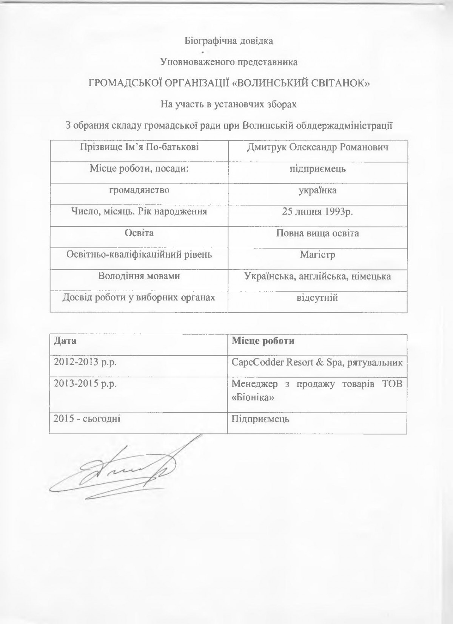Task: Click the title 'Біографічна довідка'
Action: point(228,41)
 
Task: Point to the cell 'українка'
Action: point(317,190)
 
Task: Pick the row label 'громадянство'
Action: point(139,190)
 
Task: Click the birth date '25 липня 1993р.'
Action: point(317,212)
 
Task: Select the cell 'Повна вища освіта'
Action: point(317,233)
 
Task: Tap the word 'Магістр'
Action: point(317,255)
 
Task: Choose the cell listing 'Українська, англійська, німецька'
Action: point(317,276)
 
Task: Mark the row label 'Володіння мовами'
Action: point(139,276)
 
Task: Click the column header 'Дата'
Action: point(65,341)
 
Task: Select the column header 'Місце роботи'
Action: point(263,341)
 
